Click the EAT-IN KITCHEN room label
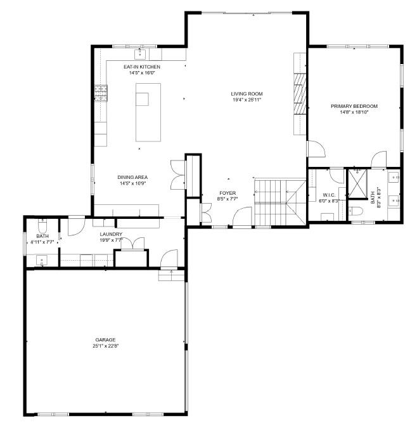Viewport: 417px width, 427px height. [x=141, y=67]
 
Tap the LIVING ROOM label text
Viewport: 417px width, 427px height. [x=247, y=94]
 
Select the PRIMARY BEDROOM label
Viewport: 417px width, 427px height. [x=354, y=106]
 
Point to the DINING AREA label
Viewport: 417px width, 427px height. [x=132, y=177]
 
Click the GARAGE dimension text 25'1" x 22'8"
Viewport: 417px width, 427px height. [x=106, y=346]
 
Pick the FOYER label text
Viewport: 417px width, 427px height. [x=228, y=192]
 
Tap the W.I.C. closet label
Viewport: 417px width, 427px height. [x=328, y=195]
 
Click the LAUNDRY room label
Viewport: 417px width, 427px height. [x=111, y=234]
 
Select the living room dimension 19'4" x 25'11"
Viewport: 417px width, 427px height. [x=247, y=100]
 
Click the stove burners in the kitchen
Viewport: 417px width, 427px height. [x=101, y=93]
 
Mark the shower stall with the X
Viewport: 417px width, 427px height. [x=358, y=184]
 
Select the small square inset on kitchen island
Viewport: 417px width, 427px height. [x=142, y=99]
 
